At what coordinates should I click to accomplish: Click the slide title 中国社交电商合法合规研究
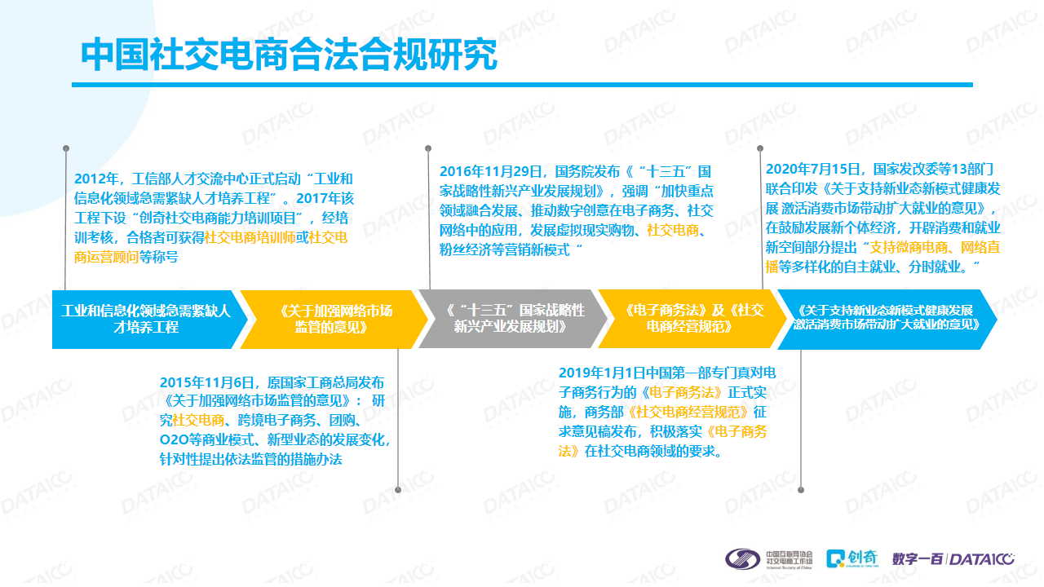pyautogui.click(x=289, y=55)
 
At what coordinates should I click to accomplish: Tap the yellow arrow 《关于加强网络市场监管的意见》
pyautogui.click(x=334, y=320)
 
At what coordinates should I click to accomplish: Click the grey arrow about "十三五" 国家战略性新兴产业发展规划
pyautogui.click(x=513, y=319)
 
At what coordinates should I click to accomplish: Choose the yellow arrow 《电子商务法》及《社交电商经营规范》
pyautogui.click(x=692, y=319)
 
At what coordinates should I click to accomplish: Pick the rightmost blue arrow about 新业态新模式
pyautogui.click(x=887, y=319)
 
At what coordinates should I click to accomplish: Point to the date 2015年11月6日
pyautogui.click(x=206, y=383)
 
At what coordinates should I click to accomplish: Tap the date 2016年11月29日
pyautogui.click(x=490, y=172)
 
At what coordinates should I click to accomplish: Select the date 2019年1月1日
pyautogui.click(x=602, y=373)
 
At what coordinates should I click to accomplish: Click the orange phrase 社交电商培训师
pyautogui.click(x=250, y=237)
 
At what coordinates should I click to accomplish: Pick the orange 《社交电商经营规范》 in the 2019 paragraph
pyautogui.click(x=688, y=413)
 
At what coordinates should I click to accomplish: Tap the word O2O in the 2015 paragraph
pyautogui.click(x=175, y=439)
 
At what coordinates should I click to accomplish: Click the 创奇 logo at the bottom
pyautogui.click(x=852, y=558)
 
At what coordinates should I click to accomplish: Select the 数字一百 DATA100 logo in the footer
pyautogui.click(x=953, y=558)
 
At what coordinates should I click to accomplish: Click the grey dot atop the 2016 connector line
pyautogui.click(x=428, y=148)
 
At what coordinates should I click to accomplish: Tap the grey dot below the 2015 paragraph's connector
pyautogui.click(x=398, y=490)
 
